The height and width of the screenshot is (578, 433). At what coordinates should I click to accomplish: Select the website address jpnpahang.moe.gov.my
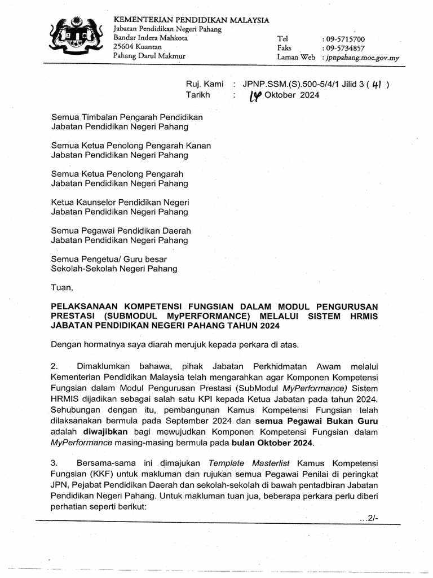click(x=361, y=58)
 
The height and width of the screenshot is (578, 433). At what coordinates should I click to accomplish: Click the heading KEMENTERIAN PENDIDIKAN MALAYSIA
click(x=192, y=20)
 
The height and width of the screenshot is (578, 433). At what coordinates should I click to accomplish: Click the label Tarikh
click(x=198, y=95)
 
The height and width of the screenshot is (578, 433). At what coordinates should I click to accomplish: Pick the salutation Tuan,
click(x=62, y=287)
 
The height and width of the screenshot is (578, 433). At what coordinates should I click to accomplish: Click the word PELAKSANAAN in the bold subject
click(x=85, y=306)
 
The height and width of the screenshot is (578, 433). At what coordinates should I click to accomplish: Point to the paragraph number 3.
click(x=54, y=462)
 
